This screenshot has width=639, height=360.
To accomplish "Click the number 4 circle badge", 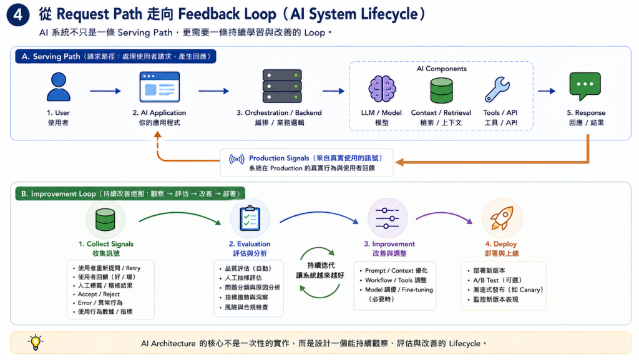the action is point(18,14).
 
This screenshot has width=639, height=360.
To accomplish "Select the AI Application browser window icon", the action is point(159,87).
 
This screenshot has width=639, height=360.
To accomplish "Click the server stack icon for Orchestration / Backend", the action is point(282,86).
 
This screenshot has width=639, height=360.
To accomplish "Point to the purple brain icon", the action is point(382,89).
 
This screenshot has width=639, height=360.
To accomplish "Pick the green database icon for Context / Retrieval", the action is point(441,90).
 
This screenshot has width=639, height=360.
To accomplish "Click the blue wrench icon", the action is point(497,89).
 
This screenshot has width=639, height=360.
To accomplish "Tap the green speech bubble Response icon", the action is point(585,86).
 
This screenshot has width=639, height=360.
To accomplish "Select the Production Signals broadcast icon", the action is point(237,159).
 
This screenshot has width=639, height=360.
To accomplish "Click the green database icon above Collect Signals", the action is point(105,220).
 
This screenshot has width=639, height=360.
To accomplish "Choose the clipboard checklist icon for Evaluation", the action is point(250,218).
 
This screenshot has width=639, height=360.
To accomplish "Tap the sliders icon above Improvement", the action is point(387,218).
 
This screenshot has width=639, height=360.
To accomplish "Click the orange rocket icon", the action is point(502,218).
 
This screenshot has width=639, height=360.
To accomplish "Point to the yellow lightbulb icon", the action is point(36,343).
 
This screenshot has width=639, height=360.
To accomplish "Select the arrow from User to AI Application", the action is point(105,91).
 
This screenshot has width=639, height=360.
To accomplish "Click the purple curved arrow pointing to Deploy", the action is point(444,216).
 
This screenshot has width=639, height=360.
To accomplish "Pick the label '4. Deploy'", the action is point(501,244).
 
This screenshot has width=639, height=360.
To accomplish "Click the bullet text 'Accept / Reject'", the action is point(99,294).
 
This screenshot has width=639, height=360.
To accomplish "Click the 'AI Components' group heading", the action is point(441,69).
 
